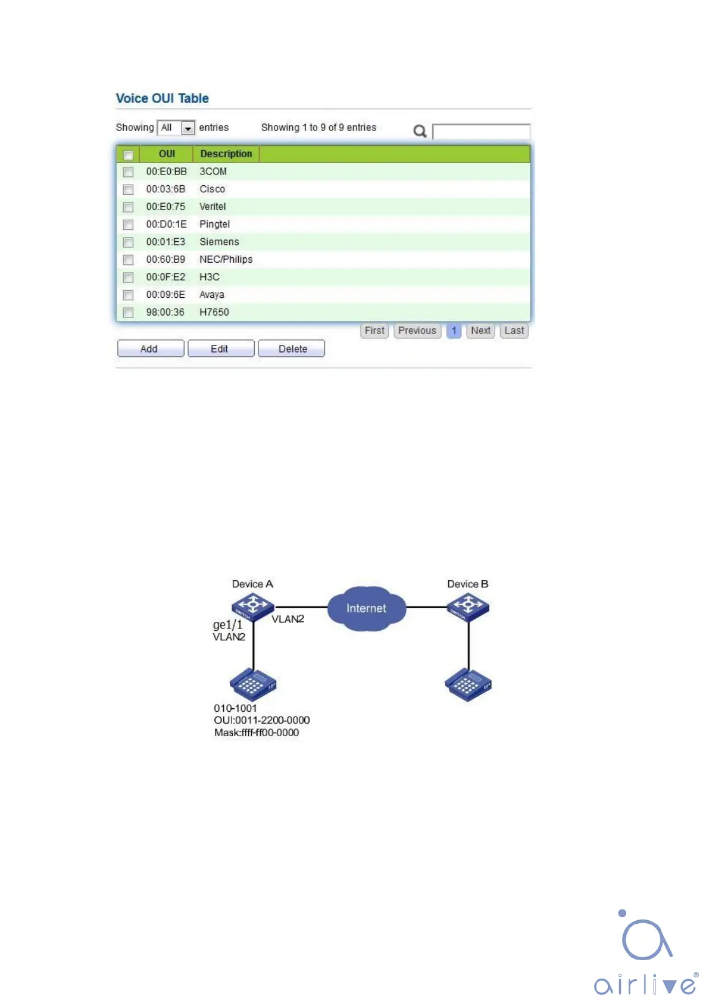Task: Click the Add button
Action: pos(150,348)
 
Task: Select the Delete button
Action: pos(292,348)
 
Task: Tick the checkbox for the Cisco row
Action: pos(128,189)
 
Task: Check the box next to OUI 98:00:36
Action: pos(128,313)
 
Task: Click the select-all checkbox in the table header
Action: pos(128,155)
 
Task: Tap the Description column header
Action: pos(226,154)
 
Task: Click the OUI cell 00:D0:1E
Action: pos(166,224)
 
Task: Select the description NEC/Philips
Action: pos(226,259)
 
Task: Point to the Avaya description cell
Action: pos(211,294)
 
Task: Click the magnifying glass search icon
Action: pos(420,131)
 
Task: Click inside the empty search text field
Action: pos(481,131)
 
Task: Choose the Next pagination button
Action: pos(480,331)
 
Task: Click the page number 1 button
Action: pos(454,331)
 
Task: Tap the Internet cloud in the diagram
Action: pos(366,608)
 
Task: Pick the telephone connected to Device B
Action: pos(468,685)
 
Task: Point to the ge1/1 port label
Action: pos(227,624)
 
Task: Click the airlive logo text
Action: pos(645,983)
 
